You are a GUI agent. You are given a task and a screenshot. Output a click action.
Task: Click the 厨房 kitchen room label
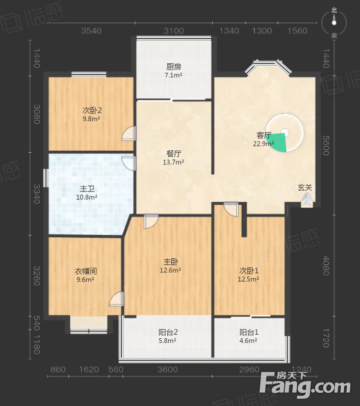(x=174, y=67)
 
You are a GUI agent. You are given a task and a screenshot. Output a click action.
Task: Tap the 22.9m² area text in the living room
(x=263, y=144)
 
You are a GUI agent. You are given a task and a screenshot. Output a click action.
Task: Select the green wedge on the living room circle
(x=279, y=143)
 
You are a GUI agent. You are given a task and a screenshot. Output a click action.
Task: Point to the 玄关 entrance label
(x=305, y=187)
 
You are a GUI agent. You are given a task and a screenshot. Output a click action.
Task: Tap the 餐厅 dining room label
(x=174, y=153)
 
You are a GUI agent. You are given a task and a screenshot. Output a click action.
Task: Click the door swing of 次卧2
(x=129, y=133)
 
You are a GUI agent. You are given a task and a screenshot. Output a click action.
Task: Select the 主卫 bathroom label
(x=87, y=189)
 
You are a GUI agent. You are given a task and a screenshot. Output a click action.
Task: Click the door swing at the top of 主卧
(x=151, y=222)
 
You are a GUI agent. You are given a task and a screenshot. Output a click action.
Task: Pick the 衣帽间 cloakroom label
(x=86, y=271)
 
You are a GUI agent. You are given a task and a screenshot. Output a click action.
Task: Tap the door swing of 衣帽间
(x=117, y=299)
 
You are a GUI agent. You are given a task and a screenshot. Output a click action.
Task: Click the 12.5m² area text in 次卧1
(x=248, y=279)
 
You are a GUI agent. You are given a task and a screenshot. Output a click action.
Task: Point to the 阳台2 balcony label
(x=168, y=332)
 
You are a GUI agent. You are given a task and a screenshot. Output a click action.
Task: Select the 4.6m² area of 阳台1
(x=248, y=341)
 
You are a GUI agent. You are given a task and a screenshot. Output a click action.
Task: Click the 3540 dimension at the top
(x=91, y=31)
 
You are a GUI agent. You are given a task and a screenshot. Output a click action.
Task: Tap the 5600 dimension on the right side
(x=326, y=146)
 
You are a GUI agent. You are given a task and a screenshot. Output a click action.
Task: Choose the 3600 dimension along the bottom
(x=168, y=369)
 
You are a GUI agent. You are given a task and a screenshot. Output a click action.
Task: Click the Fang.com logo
(x=305, y=385)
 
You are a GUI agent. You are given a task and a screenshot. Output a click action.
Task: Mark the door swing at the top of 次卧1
(x=231, y=209)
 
